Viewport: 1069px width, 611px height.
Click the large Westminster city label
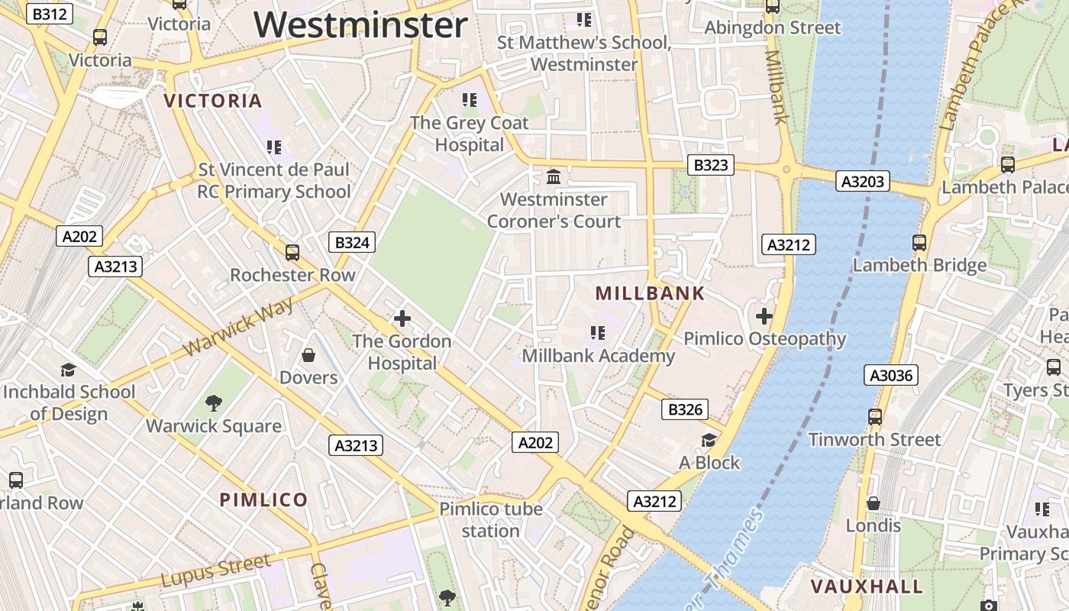360,24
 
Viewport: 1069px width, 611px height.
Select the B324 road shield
352,243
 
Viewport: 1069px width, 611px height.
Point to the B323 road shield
710,165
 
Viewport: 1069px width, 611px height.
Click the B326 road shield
685,409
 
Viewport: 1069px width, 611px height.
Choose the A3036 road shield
892,375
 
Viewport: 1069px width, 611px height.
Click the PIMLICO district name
263,500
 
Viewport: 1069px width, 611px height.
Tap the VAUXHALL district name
867,587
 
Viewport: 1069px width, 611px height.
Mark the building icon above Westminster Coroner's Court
554,177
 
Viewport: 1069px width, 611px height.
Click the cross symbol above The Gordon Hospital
402,318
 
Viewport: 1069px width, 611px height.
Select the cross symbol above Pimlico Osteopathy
764,315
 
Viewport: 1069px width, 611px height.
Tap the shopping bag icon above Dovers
308,355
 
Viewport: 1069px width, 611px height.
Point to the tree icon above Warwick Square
214,403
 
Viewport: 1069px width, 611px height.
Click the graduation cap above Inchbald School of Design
68,370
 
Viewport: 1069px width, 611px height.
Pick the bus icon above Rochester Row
292,252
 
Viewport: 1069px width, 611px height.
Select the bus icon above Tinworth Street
875,417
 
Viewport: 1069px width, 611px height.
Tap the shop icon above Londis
874,503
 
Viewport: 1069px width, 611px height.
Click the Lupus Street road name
215,571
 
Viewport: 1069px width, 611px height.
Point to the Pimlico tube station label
490,519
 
